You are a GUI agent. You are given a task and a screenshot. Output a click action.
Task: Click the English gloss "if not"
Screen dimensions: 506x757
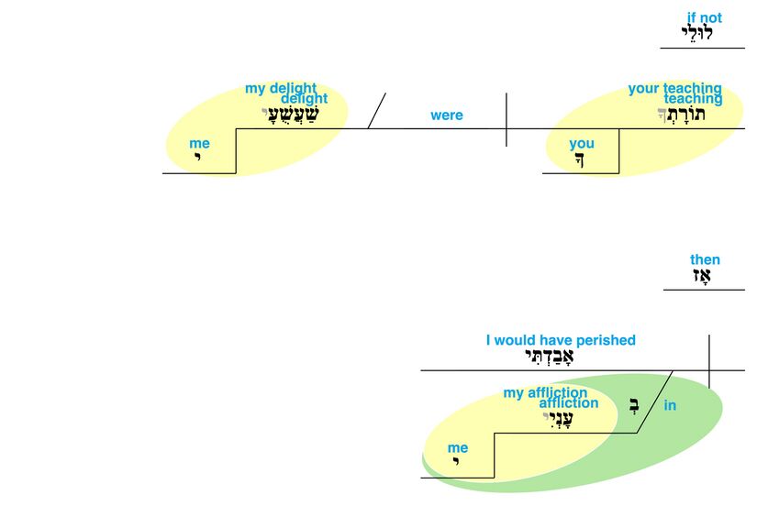point(704,17)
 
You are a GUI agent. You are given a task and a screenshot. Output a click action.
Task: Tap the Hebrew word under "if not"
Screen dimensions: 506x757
point(697,34)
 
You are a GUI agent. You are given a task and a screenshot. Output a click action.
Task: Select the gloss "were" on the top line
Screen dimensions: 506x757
point(447,115)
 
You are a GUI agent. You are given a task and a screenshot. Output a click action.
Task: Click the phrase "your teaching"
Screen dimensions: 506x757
point(674,88)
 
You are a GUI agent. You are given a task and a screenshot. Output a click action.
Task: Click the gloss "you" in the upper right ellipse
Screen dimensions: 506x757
point(582,143)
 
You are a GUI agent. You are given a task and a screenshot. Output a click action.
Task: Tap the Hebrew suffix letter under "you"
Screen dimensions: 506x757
point(580,159)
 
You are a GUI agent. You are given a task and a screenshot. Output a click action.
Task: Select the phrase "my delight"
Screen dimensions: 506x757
point(280,88)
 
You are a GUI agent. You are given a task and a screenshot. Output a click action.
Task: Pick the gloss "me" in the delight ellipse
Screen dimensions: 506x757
point(199,143)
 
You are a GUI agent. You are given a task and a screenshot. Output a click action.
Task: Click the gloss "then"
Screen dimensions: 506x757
point(705,259)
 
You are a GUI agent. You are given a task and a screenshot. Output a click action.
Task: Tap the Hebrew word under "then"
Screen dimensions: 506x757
point(704,277)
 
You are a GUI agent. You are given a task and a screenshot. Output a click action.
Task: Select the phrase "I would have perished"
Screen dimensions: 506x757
point(561,340)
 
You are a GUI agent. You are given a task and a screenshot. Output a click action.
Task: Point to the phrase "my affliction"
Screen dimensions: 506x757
point(545,392)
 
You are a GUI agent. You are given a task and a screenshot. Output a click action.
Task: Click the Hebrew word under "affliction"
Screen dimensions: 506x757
point(558,420)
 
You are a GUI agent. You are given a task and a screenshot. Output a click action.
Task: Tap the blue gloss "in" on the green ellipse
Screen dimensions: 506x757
point(670,405)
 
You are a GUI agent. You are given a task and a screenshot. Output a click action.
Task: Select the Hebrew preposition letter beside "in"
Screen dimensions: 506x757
point(634,403)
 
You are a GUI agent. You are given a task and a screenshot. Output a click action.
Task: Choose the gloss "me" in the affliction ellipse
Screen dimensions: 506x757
point(458,447)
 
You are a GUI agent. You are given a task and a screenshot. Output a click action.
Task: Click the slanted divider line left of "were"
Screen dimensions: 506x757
point(376,111)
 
